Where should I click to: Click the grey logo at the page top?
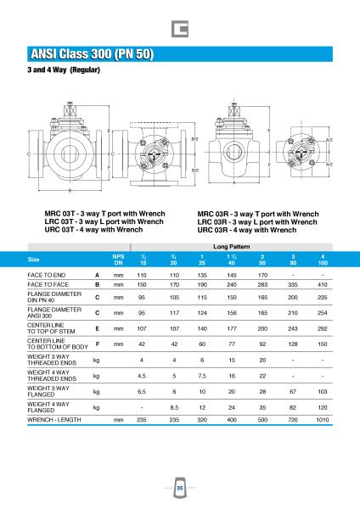[x=180, y=29]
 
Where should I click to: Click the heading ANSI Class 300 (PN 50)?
[x=92, y=54]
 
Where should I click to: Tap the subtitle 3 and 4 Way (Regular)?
[x=64, y=70]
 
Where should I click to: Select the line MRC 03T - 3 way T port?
[x=104, y=214]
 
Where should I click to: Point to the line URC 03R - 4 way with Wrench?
[x=247, y=230]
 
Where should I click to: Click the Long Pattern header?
[x=231, y=247]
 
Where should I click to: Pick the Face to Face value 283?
[x=262, y=285]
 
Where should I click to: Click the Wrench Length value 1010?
[x=323, y=420]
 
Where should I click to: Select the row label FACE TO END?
[x=47, y=275]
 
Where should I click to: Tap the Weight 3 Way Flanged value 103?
[x=323, y=391]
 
